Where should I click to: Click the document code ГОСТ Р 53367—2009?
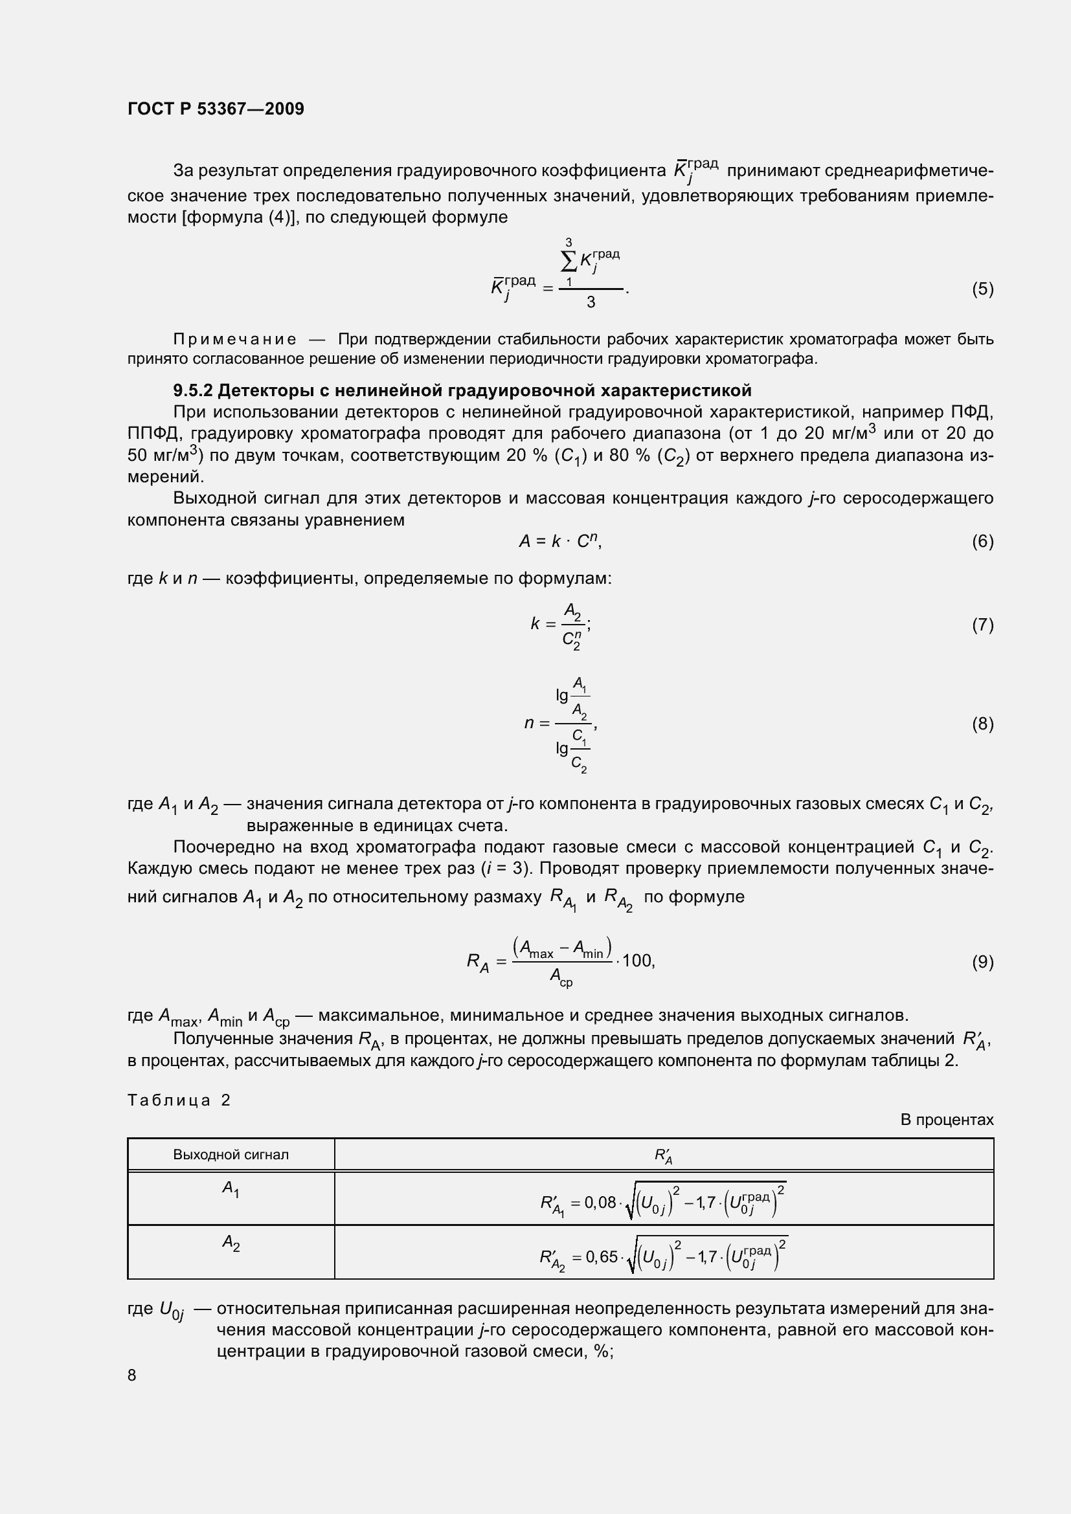pyautogui.click(x=216, y=109)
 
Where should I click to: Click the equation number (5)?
pyautogui.click(x=982, y=289)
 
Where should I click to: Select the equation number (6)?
pyautogui.click(x=982, y=541)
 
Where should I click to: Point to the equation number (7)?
pyautogui.click(x=982, y=625)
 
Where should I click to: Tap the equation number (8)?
pyautogui.click(x=982, y=724)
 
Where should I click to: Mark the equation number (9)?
pyautogui.click(x=982, y=962)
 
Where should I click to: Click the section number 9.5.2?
pyautogui.click(x=192, y=391)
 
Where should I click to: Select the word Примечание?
pyautogui.click(x=235, y=340)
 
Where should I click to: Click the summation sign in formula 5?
pyautogui.click(x=569, y=262)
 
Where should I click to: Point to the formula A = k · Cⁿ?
pyautogui.click(x=560, y=541)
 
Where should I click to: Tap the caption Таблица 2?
pyautogui.click(x=179, y=1100)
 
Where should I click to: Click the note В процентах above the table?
pyautogui.click(x=947, y=1120)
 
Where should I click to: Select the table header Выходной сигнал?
pyautogui.click(x=231, y=1155)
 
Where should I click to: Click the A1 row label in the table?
pyautogui.click(x=231, y=1189)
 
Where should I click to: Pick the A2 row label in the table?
pyautogui.click(x=231, y=1243)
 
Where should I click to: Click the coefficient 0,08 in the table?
pyautogui.click(x=600, y=1203)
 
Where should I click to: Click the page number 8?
pyautogui.click(x=132, y=1375)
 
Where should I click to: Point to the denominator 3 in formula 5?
pyautogui.click(x=591, y=303)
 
